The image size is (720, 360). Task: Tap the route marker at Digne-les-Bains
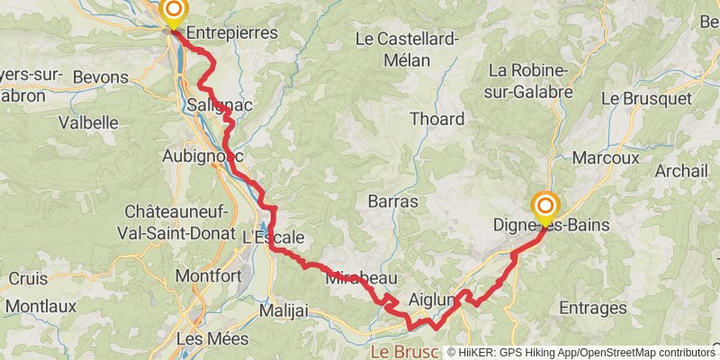point(544,206)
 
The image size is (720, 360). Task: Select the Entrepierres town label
point(233,32)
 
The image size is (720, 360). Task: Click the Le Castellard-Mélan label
point(408,49)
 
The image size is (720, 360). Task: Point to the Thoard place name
point(436,119)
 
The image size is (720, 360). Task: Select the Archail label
point(683,171)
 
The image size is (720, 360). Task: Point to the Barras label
point(393,202)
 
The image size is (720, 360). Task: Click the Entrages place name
point(592,308)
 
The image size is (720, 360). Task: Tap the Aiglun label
point(429,298)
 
